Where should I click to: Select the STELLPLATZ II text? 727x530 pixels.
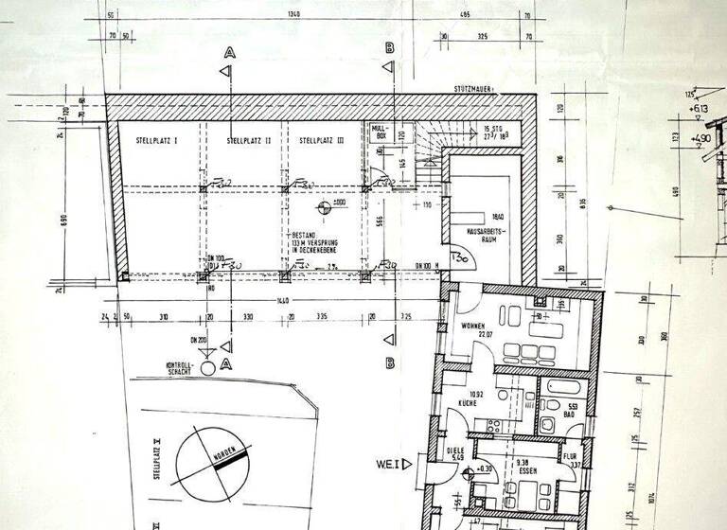click(x=249, y=140)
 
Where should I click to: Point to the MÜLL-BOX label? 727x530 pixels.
click(x=380, y=132)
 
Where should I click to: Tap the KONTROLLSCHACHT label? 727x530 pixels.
click(x=179, y=367)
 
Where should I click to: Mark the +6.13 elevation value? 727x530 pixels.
click(x=700, y=109)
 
